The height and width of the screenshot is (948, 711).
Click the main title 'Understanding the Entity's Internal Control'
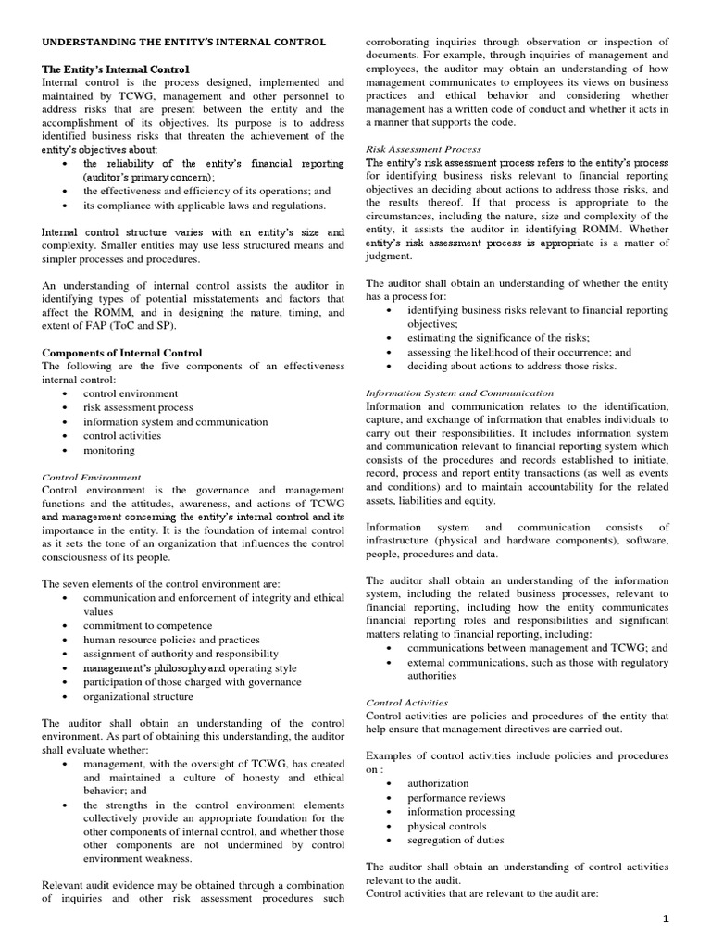(184, 43)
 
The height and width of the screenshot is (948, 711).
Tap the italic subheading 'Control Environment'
(92, 477)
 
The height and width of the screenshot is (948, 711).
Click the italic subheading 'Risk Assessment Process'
(424, 148)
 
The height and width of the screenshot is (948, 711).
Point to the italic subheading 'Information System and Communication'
(460, 393)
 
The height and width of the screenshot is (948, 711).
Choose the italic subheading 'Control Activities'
(408, 702)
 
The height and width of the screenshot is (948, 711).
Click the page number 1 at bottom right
(690, 917)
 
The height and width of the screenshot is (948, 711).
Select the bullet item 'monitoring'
(109, 451)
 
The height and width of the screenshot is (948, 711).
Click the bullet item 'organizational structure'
(138, 696)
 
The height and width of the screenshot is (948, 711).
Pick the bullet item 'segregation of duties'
(455, 840)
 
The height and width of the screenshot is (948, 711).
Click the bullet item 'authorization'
(438, 783)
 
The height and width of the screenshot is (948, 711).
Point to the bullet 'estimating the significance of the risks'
(498, 338)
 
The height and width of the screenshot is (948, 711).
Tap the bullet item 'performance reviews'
(456, 797)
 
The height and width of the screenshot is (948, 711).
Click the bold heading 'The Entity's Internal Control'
(116, 69)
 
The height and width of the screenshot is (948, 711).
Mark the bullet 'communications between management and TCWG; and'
(537, 648)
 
